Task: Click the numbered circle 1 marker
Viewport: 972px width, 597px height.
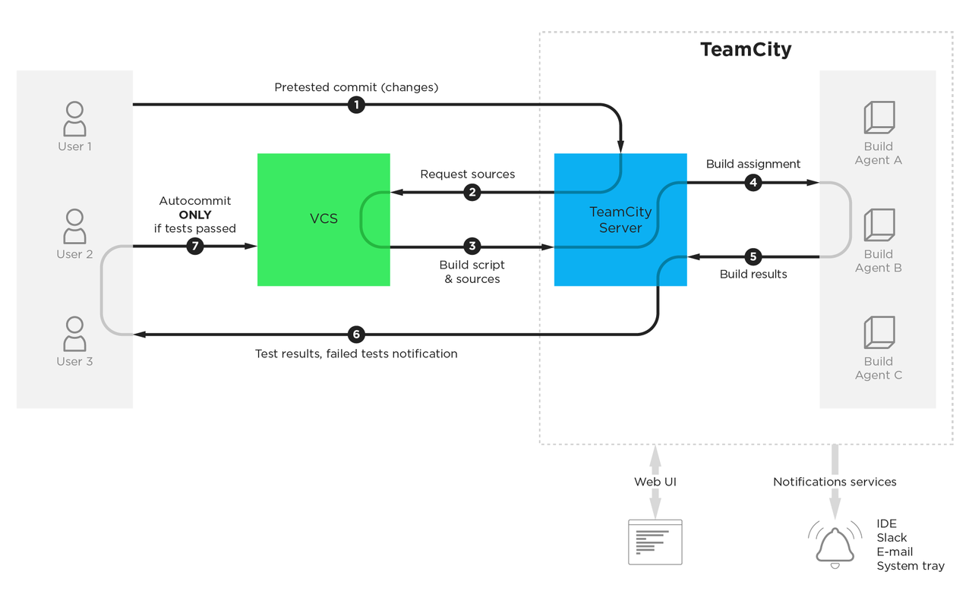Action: coord(356,105)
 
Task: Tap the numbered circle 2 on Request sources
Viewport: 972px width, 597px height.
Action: coord(472,192)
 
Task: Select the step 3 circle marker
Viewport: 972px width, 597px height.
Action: coord(472,247)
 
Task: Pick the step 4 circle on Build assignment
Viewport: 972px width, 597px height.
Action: coord(753,183)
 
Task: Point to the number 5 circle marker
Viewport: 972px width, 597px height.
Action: coord(753,256)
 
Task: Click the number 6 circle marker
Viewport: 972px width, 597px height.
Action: coord(356,335)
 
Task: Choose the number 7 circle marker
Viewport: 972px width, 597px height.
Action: coord(195,247)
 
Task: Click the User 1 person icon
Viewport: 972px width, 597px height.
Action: coord(74,119)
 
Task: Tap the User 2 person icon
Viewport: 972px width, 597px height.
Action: coord(74,226)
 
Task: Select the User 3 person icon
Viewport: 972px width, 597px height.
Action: coord(74,334)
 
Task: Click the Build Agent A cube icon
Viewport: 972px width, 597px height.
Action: coord(879,118)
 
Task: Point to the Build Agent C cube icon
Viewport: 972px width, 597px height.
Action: coord(879,332)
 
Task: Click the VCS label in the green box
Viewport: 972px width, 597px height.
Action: coord(323,218)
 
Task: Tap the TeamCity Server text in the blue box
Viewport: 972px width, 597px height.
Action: coord(620,220)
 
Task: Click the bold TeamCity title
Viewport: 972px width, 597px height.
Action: coord(746,49)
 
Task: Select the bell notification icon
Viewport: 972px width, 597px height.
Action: coord(835,545)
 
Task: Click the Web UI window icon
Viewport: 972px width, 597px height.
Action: coord(655,542)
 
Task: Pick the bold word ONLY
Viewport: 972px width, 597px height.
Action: coord(195,215)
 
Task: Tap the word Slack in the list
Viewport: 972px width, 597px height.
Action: coord(892,538)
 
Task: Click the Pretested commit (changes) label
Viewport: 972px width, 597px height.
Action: coord(356,87)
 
